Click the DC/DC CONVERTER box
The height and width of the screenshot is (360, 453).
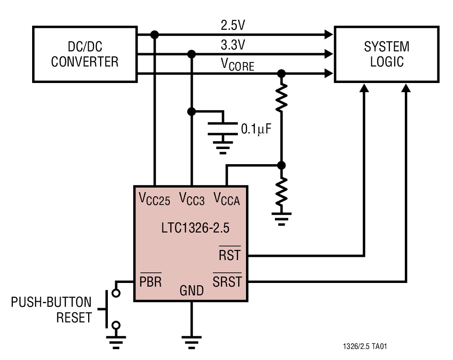(85, 54)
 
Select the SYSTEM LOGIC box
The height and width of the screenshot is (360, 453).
(386, 54)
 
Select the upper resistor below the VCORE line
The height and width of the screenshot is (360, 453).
(281, 98)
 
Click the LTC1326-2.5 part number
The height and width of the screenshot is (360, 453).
(191, 227)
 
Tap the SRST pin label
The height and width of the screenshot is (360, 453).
(227, 281)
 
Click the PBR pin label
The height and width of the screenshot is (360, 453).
(151, 281)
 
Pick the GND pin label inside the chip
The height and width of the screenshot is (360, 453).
(191, 290)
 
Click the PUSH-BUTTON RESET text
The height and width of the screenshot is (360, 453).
(51, 310)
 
